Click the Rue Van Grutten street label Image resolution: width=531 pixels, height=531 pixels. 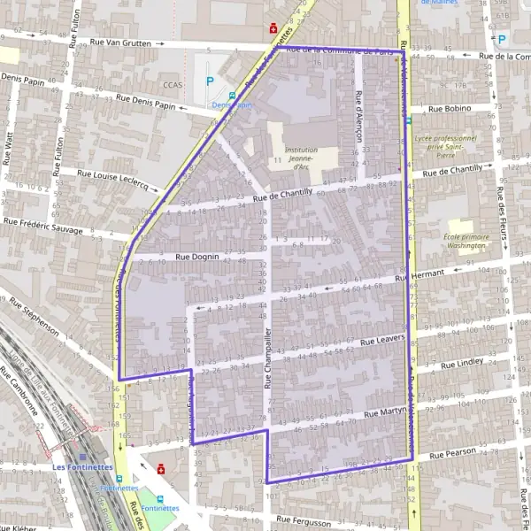tap(127, 42)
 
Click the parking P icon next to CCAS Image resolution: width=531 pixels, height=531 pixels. tap(210, 81)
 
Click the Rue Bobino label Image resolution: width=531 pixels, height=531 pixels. tap(450, 108)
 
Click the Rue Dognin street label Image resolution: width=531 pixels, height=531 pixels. tap(196, 256)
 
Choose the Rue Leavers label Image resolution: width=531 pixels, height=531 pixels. tap(384, 339)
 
